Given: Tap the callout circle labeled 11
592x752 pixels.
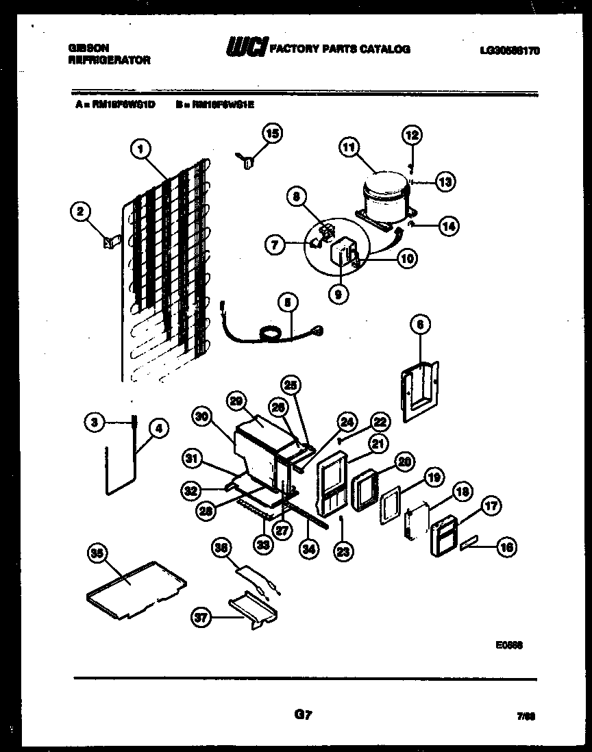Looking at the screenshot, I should tap(349, 147).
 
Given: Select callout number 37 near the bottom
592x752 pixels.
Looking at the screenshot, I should tap(201, 618).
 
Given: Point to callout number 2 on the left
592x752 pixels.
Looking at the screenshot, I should tap(80, 212).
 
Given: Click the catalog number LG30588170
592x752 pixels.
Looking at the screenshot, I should tap(510, 49).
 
